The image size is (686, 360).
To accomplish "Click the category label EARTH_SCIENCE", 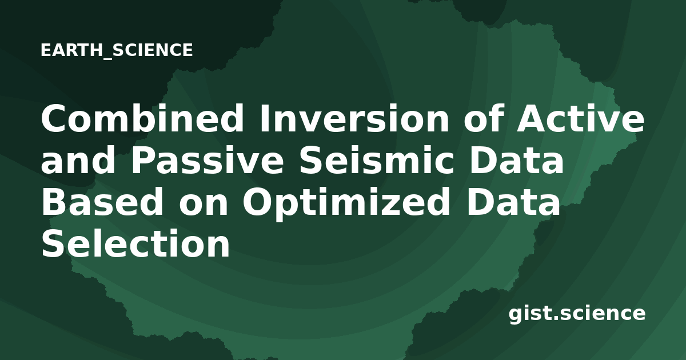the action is pyautogui.click(x=117, y=50).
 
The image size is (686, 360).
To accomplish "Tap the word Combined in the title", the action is pyautogui.click(x=142, y=118).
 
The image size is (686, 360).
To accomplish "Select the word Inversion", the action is pyautogui.click(x=354, y=118).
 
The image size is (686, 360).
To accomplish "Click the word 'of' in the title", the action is pyautogui.click(x=483, y=118).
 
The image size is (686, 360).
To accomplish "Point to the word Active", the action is pyautogui.click(x=581, y=118).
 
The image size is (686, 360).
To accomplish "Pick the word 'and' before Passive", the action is pyautogui.click(x=78, y=160).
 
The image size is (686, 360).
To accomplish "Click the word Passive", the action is pyautogui.click(x=208, y=160).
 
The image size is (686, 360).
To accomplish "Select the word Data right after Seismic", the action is pyautogui.click(x=516, y=160).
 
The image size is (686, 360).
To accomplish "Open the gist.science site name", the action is pyautogui.click(x=577, y=314).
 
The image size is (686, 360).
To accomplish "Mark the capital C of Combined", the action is pyautogui.click(x=54, y=118).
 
